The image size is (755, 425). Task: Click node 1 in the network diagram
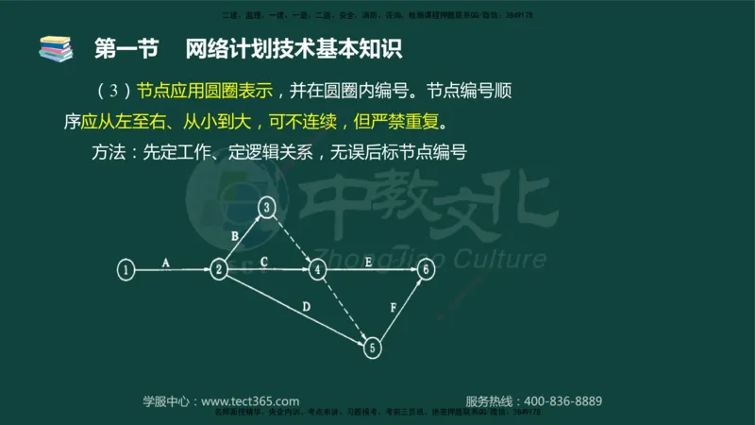[x=126, y=270]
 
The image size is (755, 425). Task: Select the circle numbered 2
[x=219, y=270]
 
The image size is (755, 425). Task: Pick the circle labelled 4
[x=318, y=270]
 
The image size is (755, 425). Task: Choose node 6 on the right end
[x=427, y=270]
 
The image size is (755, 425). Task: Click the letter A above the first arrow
[x=165, y=263]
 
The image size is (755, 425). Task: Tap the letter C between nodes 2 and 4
[x=264, y=262]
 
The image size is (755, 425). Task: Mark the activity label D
[x=306, y=306]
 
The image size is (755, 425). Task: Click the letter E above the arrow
[x=368, y=262]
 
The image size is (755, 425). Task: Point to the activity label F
[x=393, y=307]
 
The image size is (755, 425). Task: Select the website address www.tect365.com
[x=250, y=400]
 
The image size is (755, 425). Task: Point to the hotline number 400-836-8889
[x=562, y=400]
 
